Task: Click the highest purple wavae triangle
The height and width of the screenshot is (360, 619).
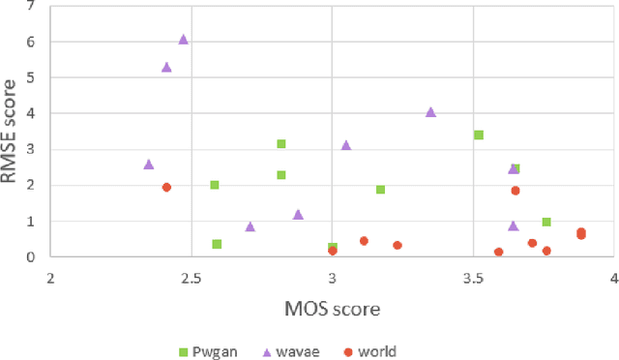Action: (183, 40)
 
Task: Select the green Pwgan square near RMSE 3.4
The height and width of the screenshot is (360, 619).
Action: (479, 135)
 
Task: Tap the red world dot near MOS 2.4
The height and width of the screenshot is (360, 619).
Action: (166, 188)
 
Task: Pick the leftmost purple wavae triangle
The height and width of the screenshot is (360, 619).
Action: (149, 165)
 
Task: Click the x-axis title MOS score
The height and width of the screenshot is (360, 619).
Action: (333, 310)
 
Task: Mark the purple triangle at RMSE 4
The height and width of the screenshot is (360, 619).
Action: (430, 112)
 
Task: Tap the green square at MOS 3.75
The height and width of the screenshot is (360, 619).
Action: (546, 223)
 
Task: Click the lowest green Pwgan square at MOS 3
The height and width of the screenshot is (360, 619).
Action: (333, 248)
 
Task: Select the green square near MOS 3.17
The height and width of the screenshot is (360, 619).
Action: (381, 190)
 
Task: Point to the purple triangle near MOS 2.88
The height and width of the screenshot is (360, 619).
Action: (298, 215)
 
